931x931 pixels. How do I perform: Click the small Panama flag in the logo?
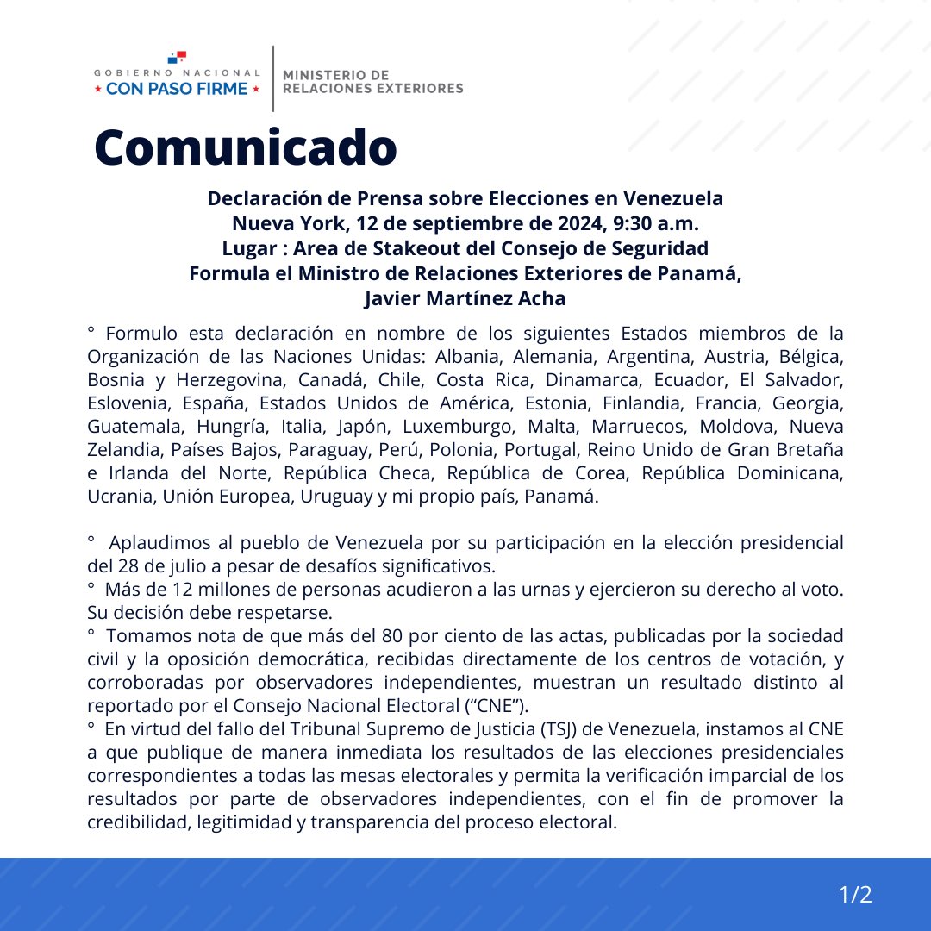pyautogui.click(x=177, y=58)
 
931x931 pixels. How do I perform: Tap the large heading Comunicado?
pyautogui.click(x=246, y=147)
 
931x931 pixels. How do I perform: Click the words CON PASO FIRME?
pyautogui.click(x=177, y=89)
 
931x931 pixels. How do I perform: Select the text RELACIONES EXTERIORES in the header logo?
pyautogui.click(x=372, y=88)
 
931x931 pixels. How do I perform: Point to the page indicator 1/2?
pyautogui.click(x=856, y=895)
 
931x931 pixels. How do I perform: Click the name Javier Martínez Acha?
pyautogui.click(x=465, y=298)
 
